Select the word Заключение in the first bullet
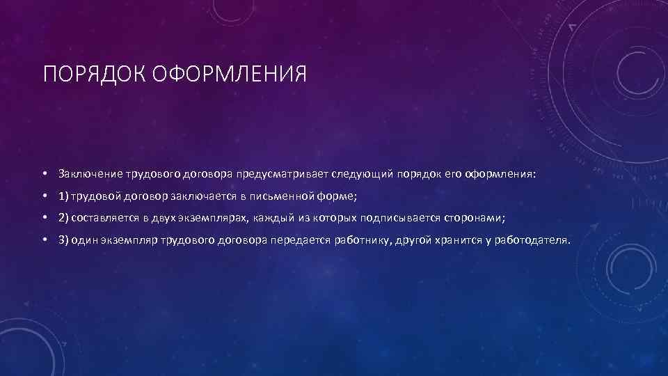[x=91, y=173]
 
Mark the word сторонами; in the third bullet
[x=474, y=218]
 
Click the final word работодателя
[x=534, y=240]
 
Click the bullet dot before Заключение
[x=44, y=173]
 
